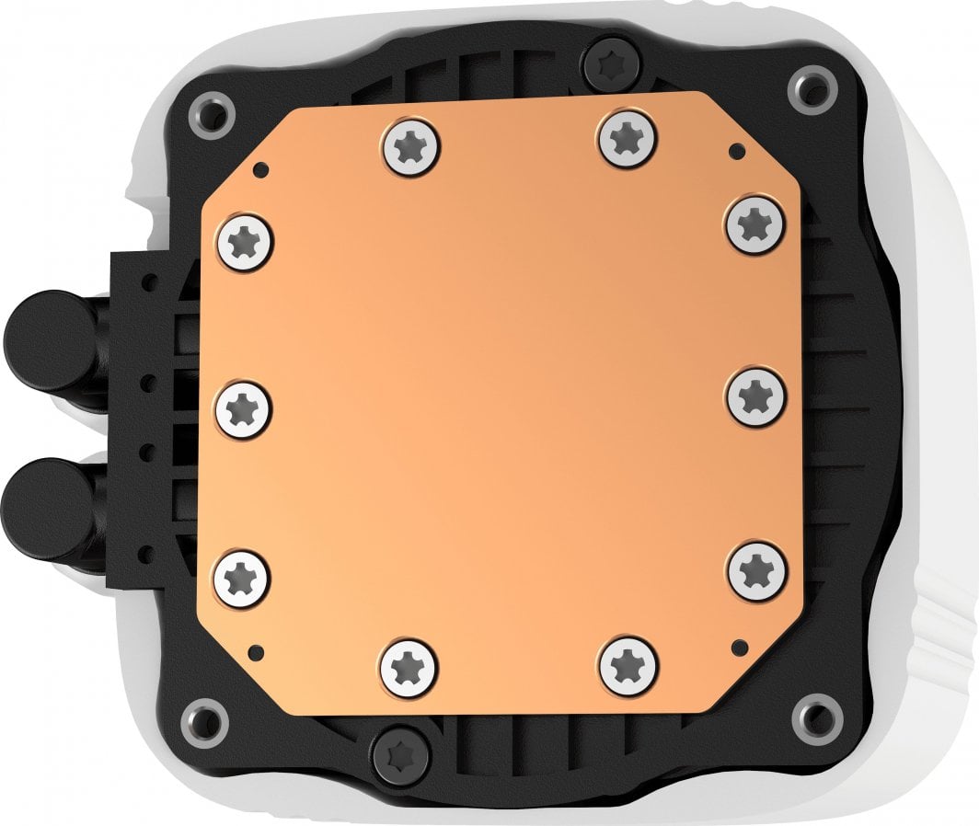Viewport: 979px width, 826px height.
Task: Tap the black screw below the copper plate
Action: click(402, 756)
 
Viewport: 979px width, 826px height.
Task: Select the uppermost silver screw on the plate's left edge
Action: click(246, 243)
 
